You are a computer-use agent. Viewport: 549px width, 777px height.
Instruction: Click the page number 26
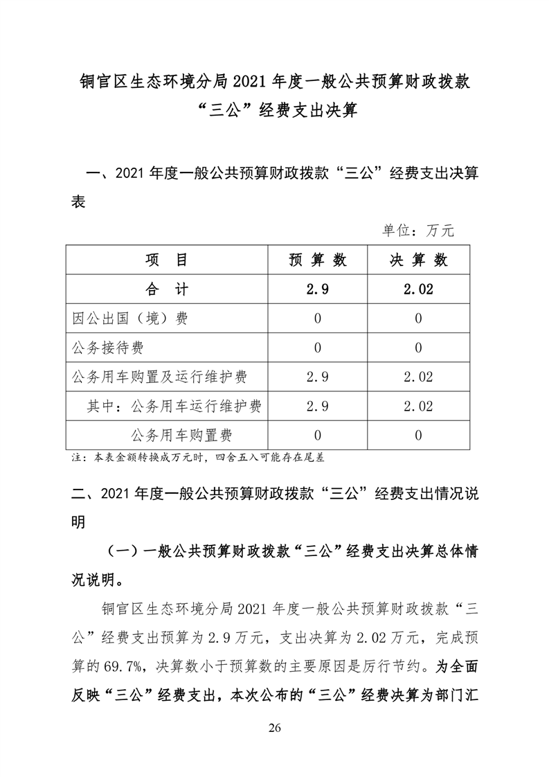[x=274, y=728]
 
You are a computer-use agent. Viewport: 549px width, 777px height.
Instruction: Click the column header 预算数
[x=317, y=260]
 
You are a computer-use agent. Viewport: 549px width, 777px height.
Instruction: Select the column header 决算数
[x=418, y=260]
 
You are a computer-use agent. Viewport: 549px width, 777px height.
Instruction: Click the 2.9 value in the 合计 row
[x=317, y=289]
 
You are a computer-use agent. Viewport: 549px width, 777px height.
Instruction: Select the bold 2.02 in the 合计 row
[x=418, y=289]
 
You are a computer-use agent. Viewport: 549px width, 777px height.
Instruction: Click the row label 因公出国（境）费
[x=130, y=319]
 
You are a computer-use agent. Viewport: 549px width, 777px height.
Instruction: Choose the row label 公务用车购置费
[x=181, y=435]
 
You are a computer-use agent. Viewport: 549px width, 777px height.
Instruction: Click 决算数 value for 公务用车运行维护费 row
[x=418, y=406]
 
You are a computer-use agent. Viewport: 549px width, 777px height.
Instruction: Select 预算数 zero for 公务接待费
[x=317, y=348]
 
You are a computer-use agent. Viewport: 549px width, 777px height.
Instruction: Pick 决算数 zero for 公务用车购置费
[x=418, y=435]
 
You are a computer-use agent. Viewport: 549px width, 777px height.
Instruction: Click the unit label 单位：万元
[x=418, y=231]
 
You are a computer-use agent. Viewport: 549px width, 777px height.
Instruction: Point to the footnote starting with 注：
[x=198, y=458]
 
